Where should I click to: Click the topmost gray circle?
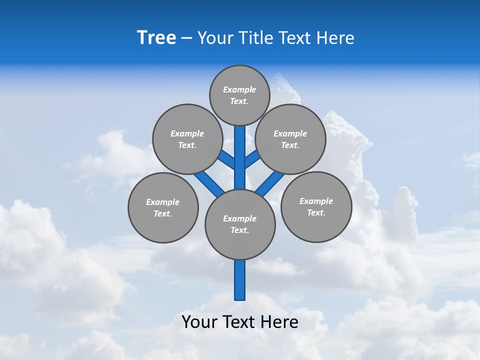coord(239,95)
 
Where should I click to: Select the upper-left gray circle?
coord(187,139)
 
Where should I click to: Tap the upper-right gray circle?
coord(290,139)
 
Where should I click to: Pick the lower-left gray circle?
coord(163,207)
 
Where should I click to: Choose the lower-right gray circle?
coord(316,206)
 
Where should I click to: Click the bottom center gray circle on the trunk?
coord(240,224)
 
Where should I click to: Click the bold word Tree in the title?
coord(156,38)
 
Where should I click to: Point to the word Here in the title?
coord(335,38)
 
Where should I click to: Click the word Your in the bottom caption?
coord(199,322)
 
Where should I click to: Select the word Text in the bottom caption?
coord(240,322)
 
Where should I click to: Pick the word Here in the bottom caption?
coord(280,322)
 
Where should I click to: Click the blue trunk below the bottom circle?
coord(240,280)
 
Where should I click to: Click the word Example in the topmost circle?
coord(239,89)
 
